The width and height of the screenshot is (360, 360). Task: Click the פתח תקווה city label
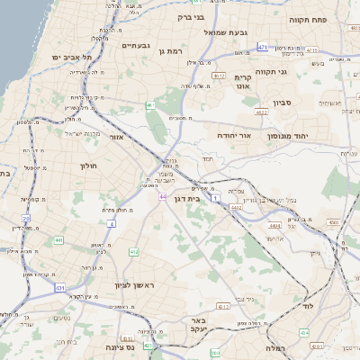(307, 18)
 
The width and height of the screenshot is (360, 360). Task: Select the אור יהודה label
(233, 135)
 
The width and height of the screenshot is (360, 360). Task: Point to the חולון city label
(88, 166)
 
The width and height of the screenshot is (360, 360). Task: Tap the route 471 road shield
(262, 46)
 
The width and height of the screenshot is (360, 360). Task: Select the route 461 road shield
(150, 105)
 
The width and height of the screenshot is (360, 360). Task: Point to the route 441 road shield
(58, 240)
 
